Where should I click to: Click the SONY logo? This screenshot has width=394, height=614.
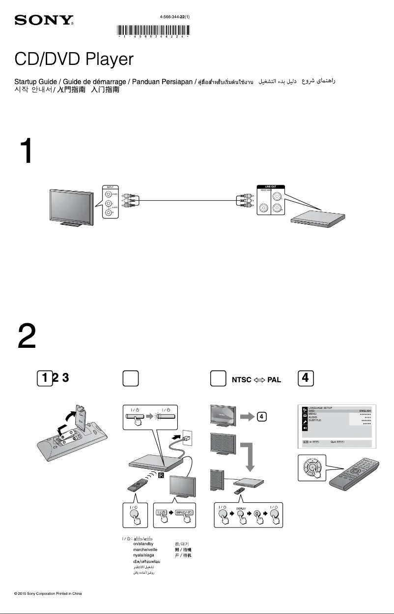pos(44,21)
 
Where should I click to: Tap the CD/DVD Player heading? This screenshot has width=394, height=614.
pos(74,60)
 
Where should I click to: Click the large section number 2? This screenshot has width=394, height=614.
pos(27,337)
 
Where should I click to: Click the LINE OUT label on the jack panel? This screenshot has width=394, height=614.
pos(271,187)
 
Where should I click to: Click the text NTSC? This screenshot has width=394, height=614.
pos(241,380)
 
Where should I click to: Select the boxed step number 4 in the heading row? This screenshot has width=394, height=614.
pos(306,378)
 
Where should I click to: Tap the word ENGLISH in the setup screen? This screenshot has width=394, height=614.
pos(365,410)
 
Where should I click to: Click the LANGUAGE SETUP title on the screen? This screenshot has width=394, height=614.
pos(320,408)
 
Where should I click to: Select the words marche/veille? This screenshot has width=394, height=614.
pos(145,549)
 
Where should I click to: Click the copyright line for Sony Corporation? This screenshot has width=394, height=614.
pos(48,594)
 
